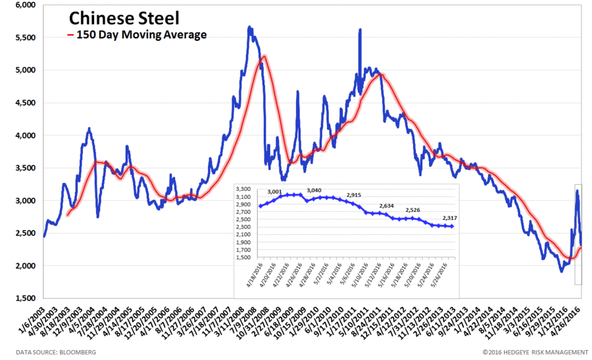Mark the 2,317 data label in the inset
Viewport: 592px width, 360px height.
point(451,218)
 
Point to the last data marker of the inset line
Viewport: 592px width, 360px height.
point(453,226)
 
